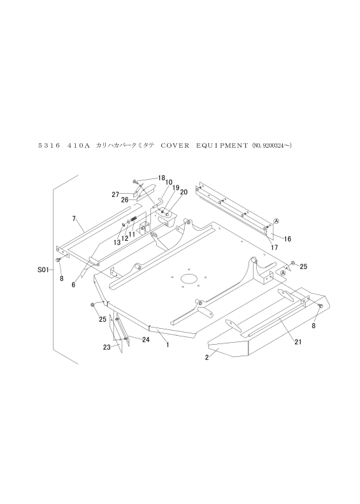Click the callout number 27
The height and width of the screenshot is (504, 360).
(x=115, y=194)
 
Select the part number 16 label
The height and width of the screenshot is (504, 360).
(x=287, y=239)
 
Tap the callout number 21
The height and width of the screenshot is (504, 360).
(x=298, y=342)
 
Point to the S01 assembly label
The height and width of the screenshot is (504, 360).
(x=43, y=270)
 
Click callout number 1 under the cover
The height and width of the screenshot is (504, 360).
(x=168, y=345)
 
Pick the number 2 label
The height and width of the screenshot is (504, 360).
(x=207, y=357)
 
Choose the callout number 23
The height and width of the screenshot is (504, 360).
(x=106, y=347)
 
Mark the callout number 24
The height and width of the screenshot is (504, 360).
(x=146, y=340)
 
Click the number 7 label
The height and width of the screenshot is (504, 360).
(x=74, y=219)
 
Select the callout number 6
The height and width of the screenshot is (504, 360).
(x=74, y=285)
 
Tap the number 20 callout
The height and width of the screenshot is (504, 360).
(x=184, y=192)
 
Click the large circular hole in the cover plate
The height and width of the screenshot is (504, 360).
(x=189, y=278)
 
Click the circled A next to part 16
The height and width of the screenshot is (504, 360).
(x=276, y=221)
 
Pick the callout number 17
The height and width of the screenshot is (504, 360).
(x=275, y=247)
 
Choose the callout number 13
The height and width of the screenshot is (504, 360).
(x=117, y=243)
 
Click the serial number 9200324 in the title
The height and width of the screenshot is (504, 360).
(x=273, y=146)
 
